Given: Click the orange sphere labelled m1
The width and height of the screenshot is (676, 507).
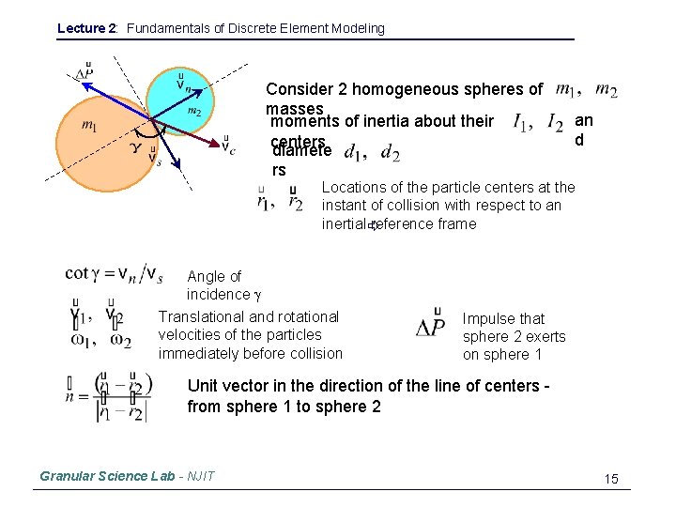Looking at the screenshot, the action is click(x=103, y=141).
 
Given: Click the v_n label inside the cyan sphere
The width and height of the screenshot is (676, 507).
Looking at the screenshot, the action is click(x=184, y=84).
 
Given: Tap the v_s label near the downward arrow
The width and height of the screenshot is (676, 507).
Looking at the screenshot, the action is click(x=155, y=157).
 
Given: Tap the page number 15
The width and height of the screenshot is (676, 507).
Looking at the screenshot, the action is click(x=611, y=480).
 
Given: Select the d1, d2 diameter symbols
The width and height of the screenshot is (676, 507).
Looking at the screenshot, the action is click(x=372, y=152).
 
